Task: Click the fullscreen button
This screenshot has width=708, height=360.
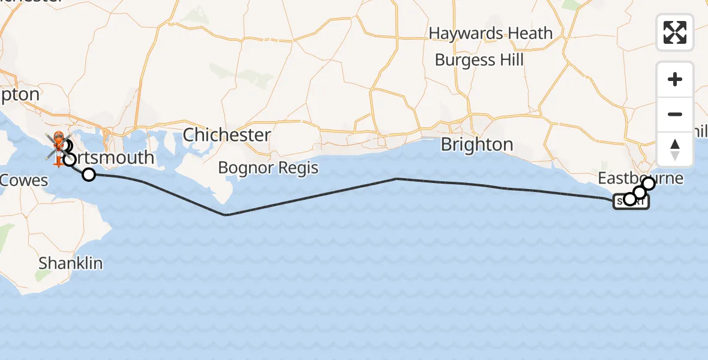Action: coord(675,32)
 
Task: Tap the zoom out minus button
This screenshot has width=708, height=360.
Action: coord(675,114)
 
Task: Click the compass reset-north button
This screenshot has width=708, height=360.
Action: coord(675,149)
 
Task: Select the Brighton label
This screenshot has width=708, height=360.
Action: coord(477,145)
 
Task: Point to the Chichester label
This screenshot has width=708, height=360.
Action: coord(227,134)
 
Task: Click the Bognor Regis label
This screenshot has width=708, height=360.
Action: coord(268,167)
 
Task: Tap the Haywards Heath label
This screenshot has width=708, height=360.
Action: coord(490,33)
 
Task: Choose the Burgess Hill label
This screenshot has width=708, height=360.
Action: coord(479,60)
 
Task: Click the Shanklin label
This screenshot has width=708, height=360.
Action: coord(70,263)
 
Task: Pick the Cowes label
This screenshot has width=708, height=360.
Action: coord(24,179)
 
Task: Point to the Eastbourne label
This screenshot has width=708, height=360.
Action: coord(640,178)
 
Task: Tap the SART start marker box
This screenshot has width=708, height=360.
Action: coord(631,202)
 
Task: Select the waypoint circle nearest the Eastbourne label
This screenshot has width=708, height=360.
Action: coord(649,184)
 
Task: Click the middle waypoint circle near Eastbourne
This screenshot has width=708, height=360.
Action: coord(640,193)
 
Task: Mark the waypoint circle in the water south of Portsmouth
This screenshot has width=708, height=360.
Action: coord(89,175)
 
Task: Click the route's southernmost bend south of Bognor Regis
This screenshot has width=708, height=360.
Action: coord(225,215)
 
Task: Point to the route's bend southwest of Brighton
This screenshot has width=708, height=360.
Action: coord(396,179)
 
